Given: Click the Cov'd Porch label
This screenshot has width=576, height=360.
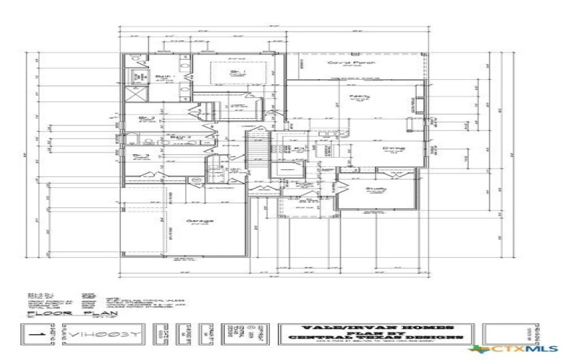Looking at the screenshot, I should pyautogui.click(x=343, y=63).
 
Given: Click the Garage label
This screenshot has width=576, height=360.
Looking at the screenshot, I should pyautogui.click(x=201, y=221).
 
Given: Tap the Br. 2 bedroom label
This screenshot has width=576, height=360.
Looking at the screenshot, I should pyautogui.click(x=148, y=117).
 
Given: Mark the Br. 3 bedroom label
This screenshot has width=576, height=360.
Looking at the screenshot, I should pyautogui.click(x=141, y=155).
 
